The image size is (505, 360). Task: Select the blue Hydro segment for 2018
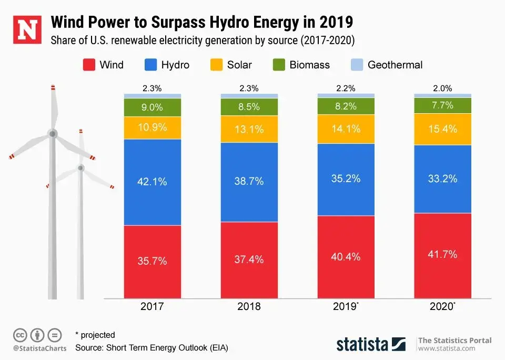(x=249, y=182)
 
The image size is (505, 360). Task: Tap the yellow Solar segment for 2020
(x=443, y=129)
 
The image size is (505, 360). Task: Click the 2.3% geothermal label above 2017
(x=153, y=88)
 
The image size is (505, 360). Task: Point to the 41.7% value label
(x=443, y=254)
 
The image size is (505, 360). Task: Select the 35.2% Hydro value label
(x=346, y=178)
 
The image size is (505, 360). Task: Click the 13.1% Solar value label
(x=249, y=128)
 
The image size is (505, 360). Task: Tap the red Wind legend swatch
(x=88, y=65)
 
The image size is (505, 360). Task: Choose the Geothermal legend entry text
(x=395, y=65)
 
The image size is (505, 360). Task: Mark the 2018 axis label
(x=249, y=306)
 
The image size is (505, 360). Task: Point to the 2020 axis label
(x=442, y=306)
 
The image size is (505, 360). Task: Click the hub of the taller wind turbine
(x=52, y=134)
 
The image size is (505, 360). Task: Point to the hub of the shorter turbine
(x=80, y=168)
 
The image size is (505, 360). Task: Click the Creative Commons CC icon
(x=20, y=335)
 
